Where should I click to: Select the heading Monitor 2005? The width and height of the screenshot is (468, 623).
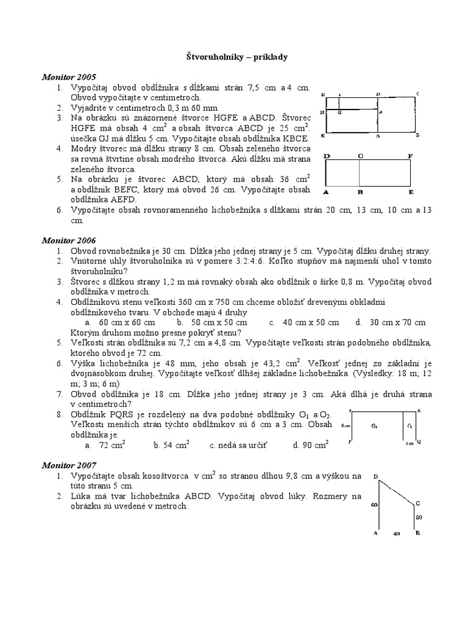69,77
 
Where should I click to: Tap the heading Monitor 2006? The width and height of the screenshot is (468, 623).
69,240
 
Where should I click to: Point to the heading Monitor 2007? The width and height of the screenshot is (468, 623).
69,465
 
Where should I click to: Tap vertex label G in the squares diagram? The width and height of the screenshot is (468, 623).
339,112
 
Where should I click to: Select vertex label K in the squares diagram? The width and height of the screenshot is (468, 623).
322,136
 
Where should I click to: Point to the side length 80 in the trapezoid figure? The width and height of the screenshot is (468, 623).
419,517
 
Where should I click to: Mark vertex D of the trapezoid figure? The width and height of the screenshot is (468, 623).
375,476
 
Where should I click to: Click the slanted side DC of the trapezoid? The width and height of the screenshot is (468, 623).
396,491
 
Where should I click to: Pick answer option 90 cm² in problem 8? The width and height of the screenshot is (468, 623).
310,445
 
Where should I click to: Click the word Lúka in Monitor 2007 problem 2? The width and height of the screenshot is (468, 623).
82,496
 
